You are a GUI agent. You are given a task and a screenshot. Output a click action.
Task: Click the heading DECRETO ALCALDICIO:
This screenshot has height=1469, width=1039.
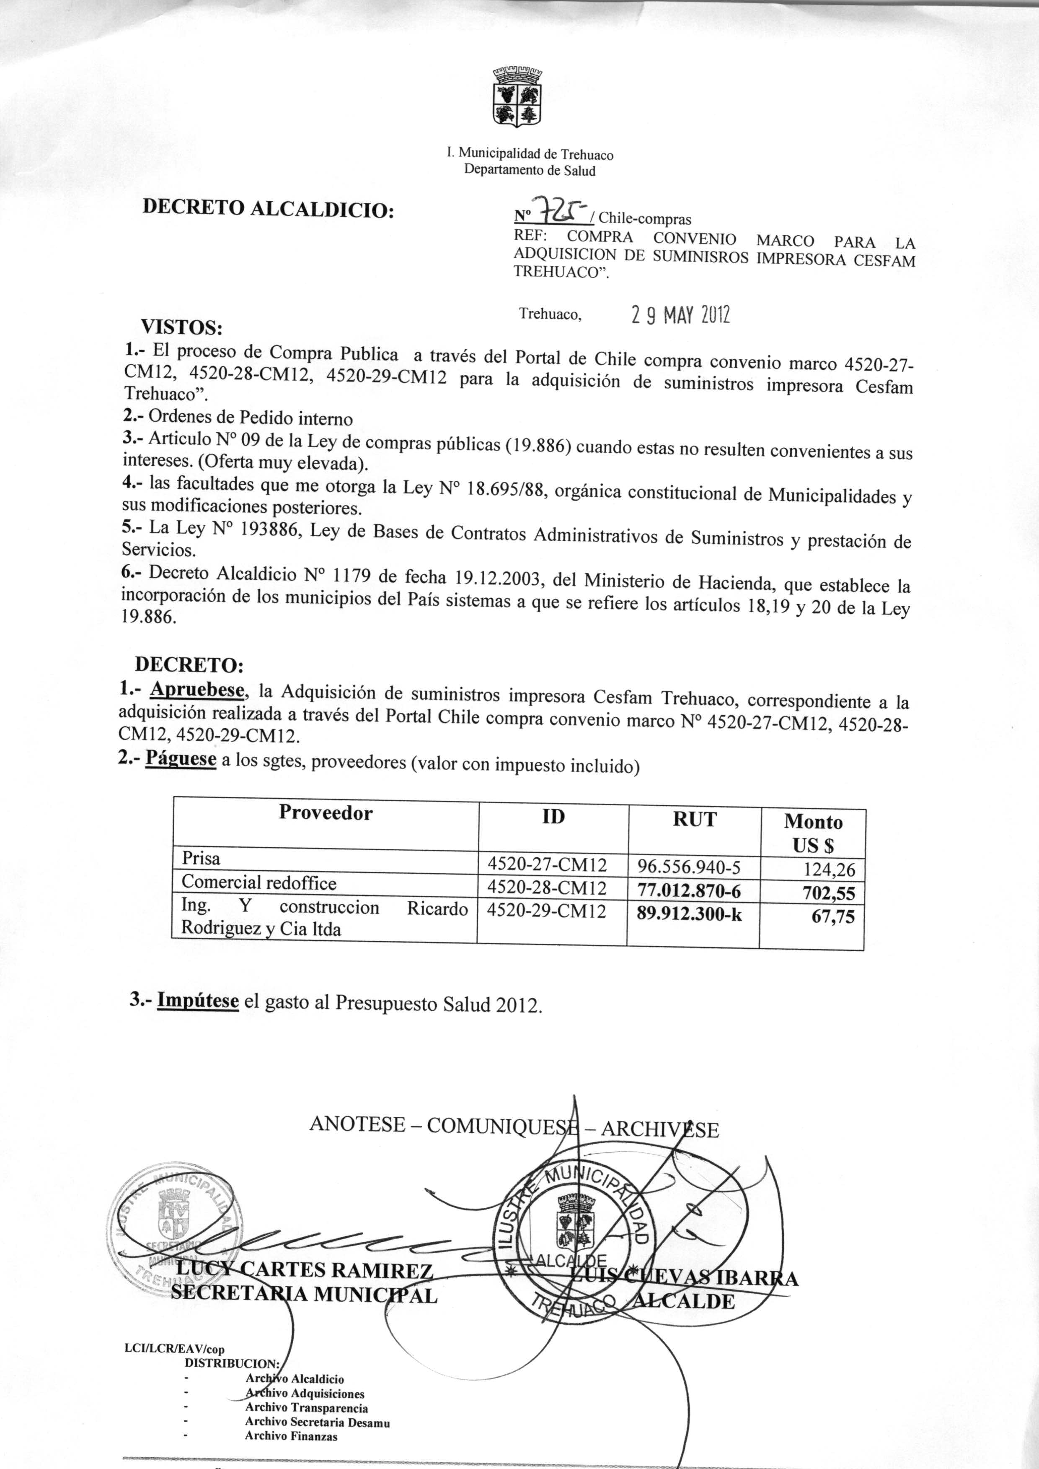267,209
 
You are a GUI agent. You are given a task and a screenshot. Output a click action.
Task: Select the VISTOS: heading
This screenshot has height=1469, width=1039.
182,327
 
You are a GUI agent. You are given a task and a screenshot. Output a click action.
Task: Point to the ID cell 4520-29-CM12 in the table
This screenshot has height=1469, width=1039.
546,911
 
